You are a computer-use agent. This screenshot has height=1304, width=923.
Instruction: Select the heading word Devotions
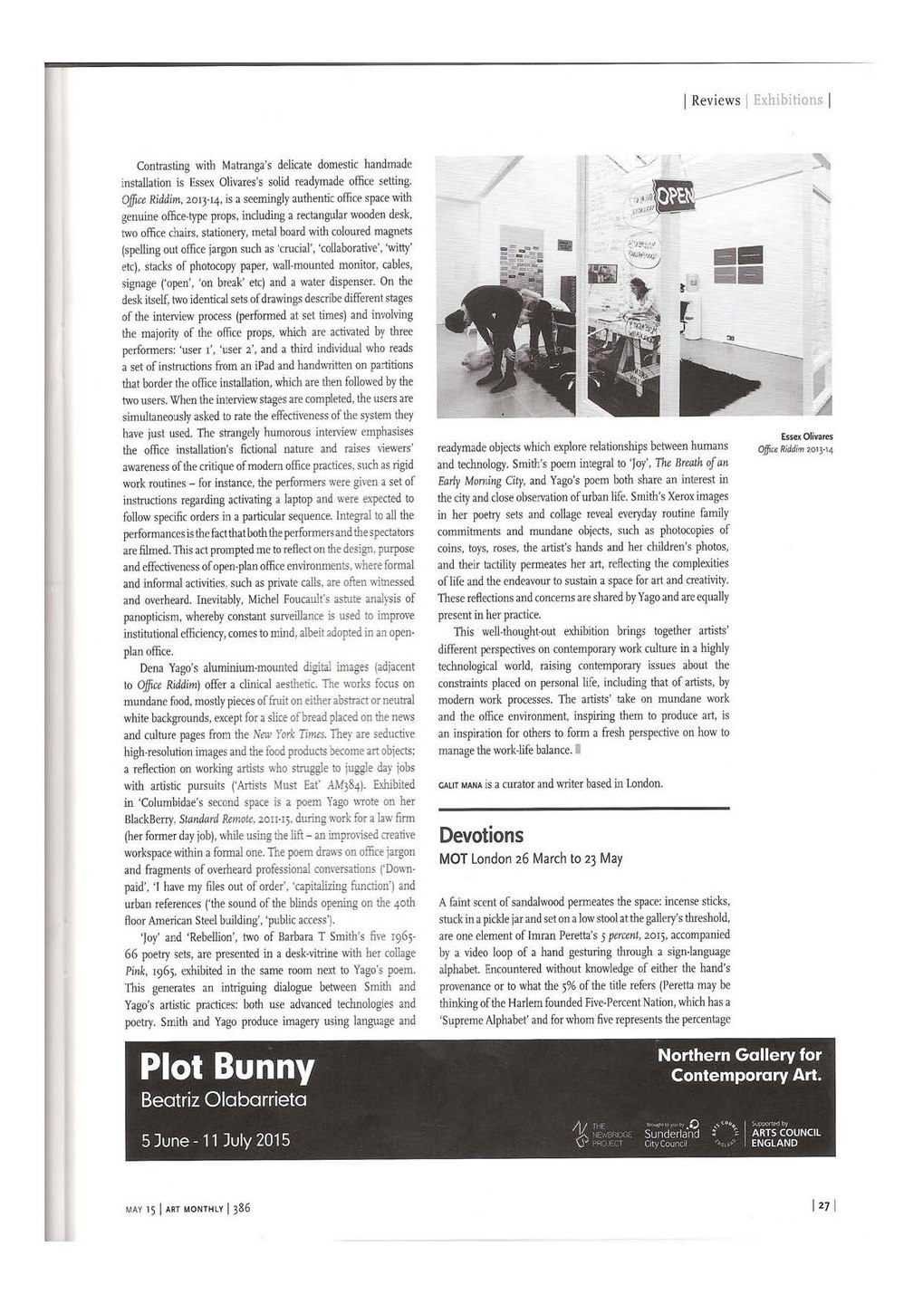(481, 834)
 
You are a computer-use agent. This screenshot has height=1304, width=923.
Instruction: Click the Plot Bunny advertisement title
(227, 1068)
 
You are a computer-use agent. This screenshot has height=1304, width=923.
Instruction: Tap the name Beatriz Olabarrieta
(225, 1100)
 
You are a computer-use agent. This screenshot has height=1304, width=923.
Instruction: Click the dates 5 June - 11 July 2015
(216, 1139)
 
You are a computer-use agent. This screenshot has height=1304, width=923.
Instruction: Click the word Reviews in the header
(716, 100)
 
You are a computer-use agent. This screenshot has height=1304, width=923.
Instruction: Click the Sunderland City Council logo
(671, 1134)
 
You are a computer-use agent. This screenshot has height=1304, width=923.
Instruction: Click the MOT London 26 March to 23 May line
(530, 858)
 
